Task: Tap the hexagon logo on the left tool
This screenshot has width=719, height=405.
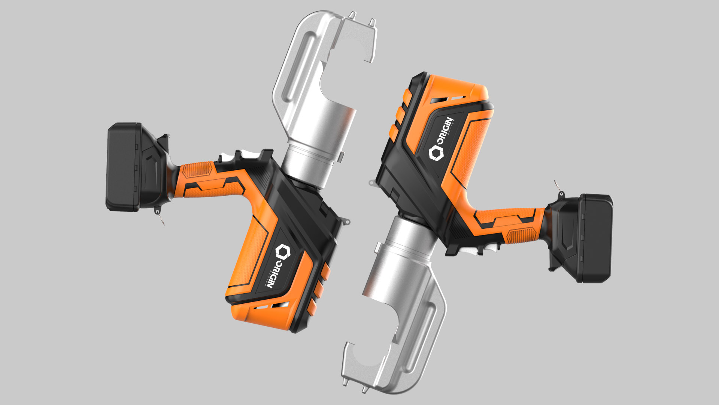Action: pos(283,252)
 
